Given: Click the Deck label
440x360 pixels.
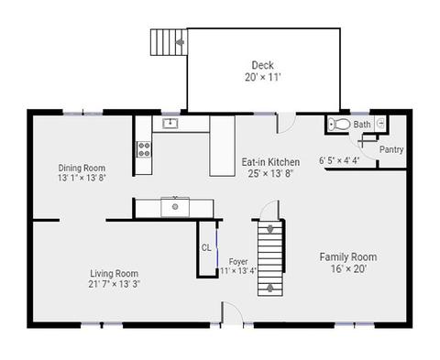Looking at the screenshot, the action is (262, 65).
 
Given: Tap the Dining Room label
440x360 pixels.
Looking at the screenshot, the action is (82, 168).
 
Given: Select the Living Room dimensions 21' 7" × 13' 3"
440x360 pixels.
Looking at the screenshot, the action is (115, 284).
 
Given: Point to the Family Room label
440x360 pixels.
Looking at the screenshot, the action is (348, 256).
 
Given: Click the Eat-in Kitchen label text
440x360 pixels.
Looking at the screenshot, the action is (270, 162).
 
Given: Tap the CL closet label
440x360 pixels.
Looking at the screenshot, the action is (206, 247).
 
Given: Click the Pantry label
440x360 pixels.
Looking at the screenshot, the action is (391, 149).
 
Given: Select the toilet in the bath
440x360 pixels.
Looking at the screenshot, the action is (339, 125).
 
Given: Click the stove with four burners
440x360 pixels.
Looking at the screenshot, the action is (144, 149).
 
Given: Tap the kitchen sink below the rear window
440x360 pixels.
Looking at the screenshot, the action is (170, 124).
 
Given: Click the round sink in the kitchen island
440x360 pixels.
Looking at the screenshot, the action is (175, 207).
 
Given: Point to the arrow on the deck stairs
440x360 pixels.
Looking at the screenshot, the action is (181, 42).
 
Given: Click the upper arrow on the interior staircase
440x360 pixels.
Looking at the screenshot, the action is (270, 229).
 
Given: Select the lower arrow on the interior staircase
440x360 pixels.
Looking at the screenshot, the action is (270, 288).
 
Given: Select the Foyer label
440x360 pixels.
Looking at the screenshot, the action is (238, 262).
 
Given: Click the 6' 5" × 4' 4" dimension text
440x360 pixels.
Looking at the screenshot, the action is (339, 160).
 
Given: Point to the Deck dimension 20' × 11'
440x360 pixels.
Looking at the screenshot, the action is (262, 77).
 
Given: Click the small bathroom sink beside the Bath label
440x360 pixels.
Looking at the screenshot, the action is (380, 124).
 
